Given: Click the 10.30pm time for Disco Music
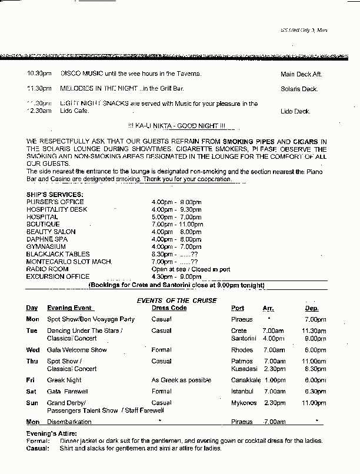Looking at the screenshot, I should (39, 74).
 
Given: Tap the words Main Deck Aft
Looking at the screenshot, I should (301, 75).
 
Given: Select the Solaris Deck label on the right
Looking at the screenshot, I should (299, 89).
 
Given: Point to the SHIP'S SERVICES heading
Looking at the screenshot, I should (55, 194).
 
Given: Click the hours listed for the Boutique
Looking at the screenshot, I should (176, 224).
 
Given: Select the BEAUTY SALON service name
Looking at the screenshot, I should (51, 232).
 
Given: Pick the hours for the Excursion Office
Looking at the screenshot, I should (176, 276).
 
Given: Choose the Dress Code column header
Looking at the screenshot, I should (169, 308).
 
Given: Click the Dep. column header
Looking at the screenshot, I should (312, 308).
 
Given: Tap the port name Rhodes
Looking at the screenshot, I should (241, 350).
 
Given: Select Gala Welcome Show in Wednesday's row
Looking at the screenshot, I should (77, 350).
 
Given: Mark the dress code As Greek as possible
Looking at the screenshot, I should (181, 380).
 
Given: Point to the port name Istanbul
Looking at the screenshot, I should (242, 391).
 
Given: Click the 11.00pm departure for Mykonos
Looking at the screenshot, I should (314, 403).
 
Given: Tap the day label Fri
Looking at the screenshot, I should (30, 380).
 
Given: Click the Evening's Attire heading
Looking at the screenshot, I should (49, 433).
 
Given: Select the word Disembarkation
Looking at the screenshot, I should (69, 422).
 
